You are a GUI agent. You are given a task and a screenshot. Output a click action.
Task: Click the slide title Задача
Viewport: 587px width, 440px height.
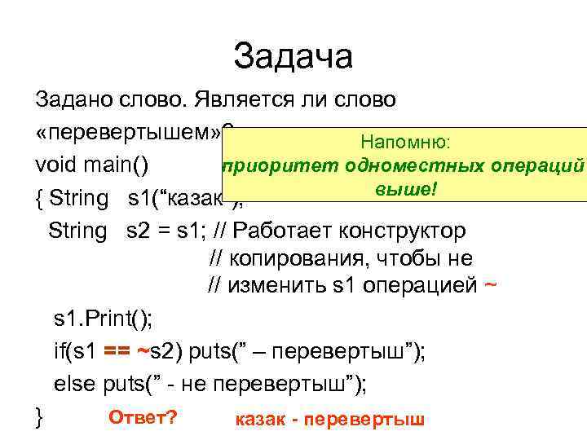pos(293,56)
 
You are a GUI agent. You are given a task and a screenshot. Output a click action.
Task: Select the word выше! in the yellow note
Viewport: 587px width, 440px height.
pos(407,189)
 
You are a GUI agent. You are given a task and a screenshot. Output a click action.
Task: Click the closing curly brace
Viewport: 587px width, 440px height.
pos(39,417)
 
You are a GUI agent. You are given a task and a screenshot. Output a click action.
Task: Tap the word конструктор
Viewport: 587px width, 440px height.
pos(408,230)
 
